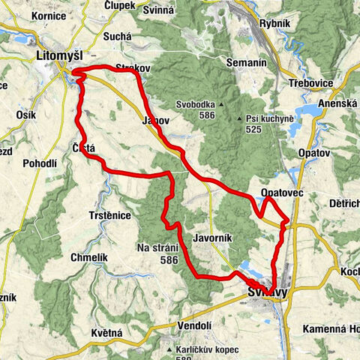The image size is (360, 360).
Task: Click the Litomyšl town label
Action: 61,56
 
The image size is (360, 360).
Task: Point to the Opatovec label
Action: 281,193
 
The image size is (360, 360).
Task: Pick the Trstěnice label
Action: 109,215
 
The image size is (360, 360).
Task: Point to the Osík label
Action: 25,115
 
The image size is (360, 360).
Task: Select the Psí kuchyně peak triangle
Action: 241,119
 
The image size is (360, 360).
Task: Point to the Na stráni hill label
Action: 157,248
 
